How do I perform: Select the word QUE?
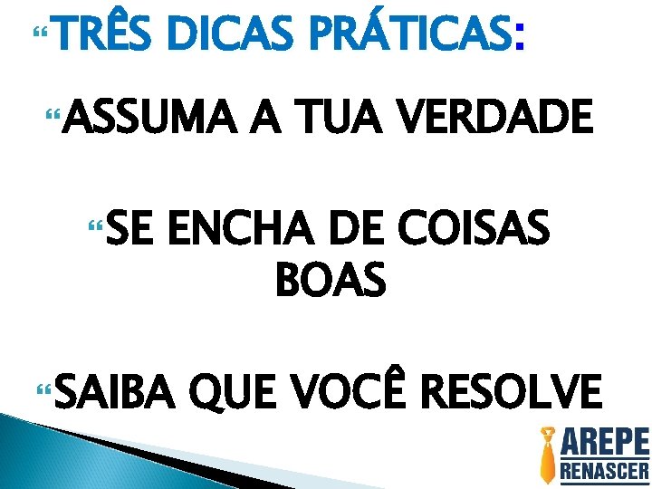coord(243,395)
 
